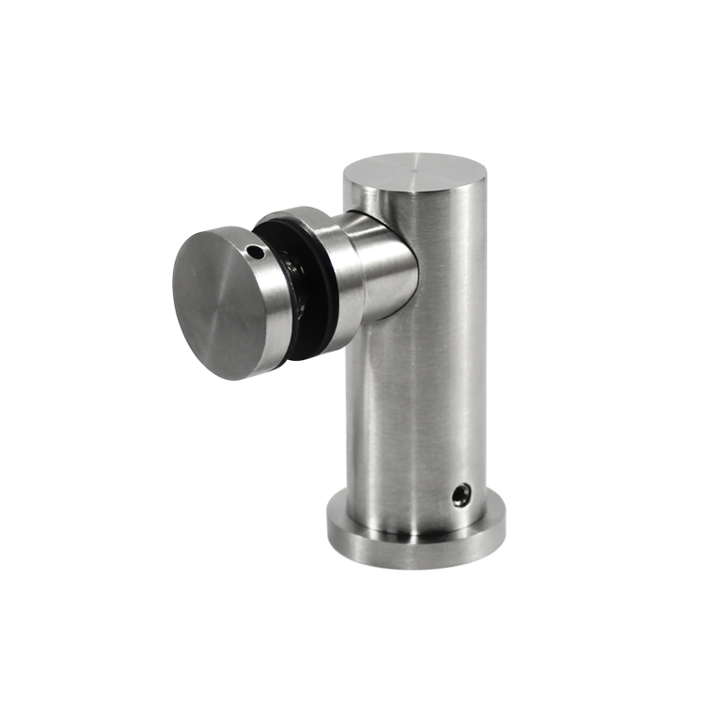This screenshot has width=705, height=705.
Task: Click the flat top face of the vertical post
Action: pos(414,177)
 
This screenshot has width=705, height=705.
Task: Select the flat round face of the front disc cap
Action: pos(217,301)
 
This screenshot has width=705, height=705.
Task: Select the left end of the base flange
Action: pos(329,532)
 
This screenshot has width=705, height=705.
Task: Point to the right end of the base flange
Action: pos(502,532)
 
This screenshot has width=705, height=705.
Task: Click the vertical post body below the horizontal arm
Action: pos(414,414)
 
